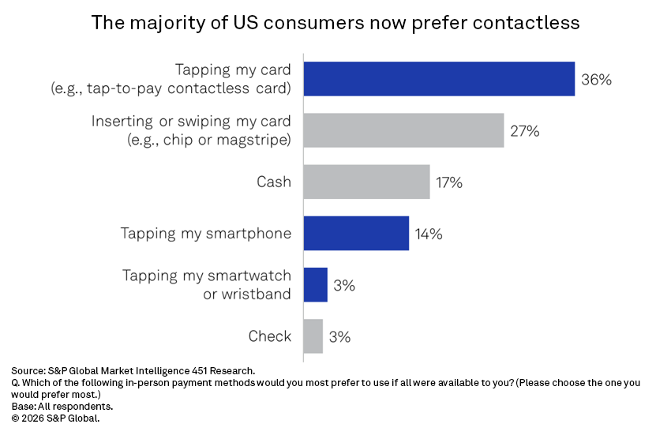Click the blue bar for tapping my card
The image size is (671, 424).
coord(439,79)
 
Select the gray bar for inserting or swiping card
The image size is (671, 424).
coord(403,130)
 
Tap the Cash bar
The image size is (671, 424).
coord(366,182)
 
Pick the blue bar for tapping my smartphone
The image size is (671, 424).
coord(356,233)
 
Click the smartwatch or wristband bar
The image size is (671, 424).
coord(315,284)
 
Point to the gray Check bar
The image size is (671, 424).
coord(313,336)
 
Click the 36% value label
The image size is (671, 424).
coord(596,80)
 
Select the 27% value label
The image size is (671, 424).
coord(524,131)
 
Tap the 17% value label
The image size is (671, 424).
coord(448,182)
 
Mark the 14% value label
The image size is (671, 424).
coord(429,234)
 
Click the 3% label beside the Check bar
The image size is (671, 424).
coord(339,336)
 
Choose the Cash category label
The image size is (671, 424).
coord(274,182)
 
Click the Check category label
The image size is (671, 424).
coord(270,336)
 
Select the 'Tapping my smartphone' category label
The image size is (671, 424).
coord(206,234)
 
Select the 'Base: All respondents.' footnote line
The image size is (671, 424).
coord(62,406)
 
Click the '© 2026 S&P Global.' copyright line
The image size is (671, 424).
coord(56,418)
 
